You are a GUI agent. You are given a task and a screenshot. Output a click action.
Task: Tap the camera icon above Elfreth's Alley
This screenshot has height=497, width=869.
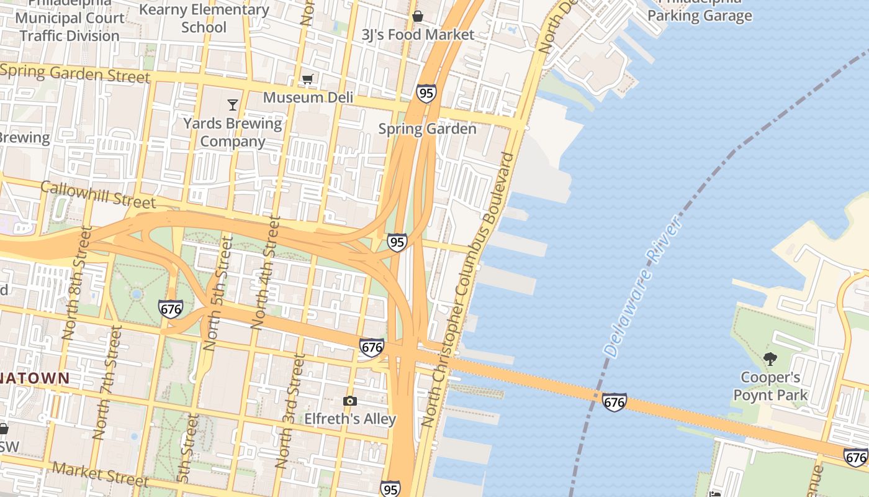[350, 401]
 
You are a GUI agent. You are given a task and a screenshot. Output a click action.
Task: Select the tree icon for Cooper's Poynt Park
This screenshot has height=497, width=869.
[770, 358]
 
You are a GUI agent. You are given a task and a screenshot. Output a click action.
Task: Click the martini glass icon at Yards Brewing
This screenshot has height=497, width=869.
[233, 104]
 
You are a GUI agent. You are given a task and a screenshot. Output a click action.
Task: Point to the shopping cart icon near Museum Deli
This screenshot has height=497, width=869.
[307, 79]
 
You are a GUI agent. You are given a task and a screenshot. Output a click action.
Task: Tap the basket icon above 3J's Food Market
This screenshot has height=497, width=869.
[418, 16]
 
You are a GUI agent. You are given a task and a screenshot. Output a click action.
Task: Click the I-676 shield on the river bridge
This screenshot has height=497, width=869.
[614, 402]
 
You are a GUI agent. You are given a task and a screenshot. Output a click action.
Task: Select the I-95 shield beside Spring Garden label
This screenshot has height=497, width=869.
[426, 93]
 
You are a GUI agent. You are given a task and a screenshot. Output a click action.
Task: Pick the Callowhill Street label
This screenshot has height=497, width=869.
[98, 194]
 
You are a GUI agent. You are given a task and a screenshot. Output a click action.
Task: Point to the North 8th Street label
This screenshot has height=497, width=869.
[77, 282]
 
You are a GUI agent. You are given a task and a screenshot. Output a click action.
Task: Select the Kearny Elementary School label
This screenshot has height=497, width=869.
[204, 18]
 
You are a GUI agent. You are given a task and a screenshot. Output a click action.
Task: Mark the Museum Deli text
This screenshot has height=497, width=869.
[308, 98]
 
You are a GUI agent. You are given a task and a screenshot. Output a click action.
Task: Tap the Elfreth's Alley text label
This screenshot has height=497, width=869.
[350, 419]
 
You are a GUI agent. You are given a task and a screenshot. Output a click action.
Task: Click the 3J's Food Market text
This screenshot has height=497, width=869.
[418, 35]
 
